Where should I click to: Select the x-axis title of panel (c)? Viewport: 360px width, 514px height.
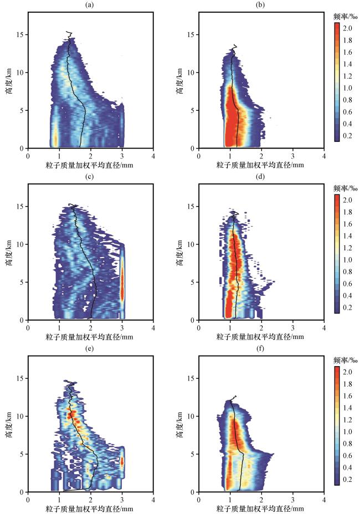(90, 337)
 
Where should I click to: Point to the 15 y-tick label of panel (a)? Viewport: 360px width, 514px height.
(20, 35)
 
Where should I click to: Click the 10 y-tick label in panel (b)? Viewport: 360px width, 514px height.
(191, 73)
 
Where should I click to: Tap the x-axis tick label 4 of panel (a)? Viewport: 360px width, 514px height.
(153, 156)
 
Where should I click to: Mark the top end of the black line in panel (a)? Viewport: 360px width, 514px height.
(66, 32)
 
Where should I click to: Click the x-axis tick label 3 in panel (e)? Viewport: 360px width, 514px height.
(122, 500)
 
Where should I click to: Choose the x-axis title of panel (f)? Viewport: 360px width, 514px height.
(260, 508)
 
